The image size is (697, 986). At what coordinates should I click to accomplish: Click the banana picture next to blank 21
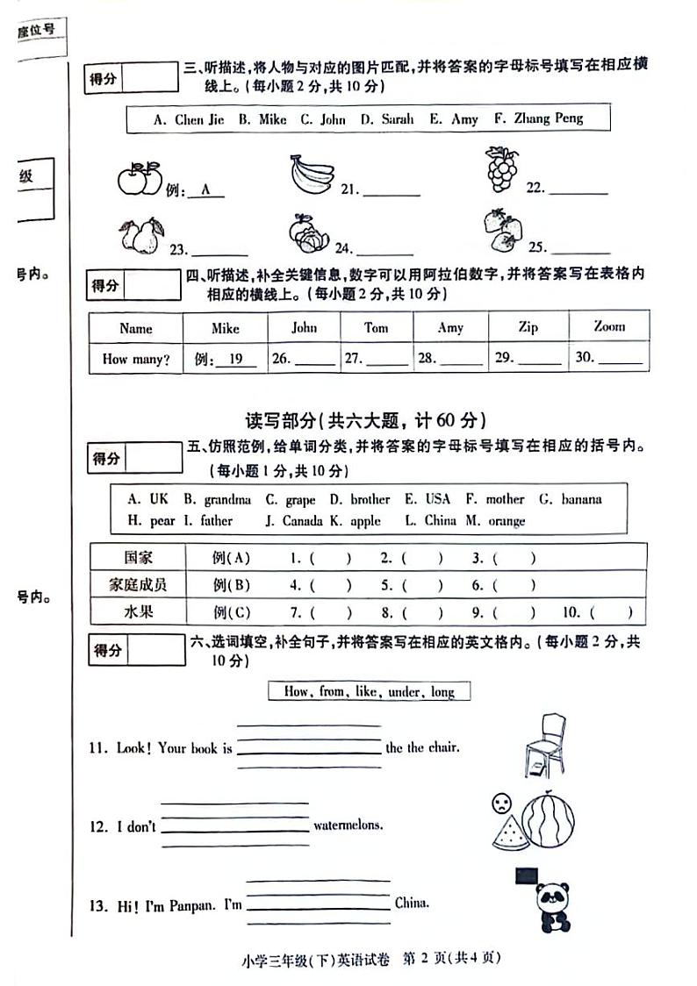click(x=312, y=173)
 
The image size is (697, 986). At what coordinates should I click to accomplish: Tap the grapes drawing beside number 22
click(x=502, y=169)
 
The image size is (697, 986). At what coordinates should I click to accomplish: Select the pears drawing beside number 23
click(x=141, y=236)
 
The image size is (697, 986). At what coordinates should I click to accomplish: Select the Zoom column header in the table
click(x=608, y=326)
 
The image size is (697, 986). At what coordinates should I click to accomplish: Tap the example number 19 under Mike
click(x=234, y=359)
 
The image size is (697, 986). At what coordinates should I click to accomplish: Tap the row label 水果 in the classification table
click(x=138, y=611)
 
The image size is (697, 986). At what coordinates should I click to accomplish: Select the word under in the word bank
click(x=405, y=691)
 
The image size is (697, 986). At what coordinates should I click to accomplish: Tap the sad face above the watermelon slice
click(x=500, y=802)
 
